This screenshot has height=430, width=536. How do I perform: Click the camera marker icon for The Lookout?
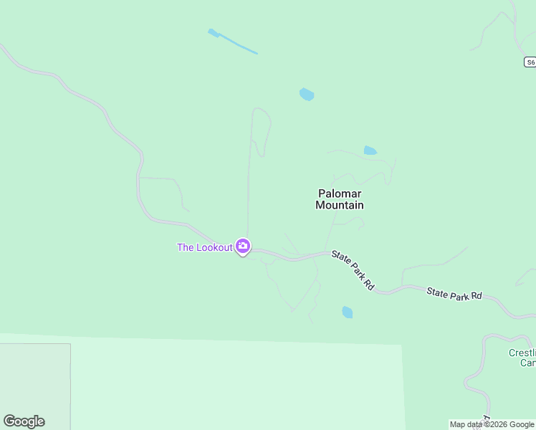pyautogui.click(x=243, y=247)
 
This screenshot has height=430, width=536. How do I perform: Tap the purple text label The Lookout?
pyautogui.click(x=205, y=247)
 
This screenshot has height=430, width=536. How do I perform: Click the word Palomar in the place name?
pyautogui.click(x=340, y=193)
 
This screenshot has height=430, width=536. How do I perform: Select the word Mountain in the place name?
pyautogui.click(x=340, y=205)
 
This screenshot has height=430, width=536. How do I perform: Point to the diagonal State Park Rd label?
pyautogui.click(x=353, y=270)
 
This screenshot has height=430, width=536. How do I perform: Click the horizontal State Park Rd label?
pyautogui.click(x=454, y=294)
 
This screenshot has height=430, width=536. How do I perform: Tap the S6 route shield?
pyautogui.click(x=530, y=62)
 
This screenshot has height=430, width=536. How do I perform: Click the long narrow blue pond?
pyautogui.click(x=233, y=42)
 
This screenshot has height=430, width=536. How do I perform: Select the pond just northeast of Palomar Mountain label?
pyautogui.click(x=370, y=150)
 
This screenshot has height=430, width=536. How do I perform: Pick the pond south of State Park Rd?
pyautogui.click(x=348, y=312)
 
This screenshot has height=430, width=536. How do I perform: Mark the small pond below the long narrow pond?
pyautogui.click(x=307, y=95)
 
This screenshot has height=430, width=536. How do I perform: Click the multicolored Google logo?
pyautogui.click(x=24, y=421)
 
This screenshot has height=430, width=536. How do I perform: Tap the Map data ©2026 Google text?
pyautogui.click(x=492, y=424)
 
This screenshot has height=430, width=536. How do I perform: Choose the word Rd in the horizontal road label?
pyautogui.click(x=475, y=295)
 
